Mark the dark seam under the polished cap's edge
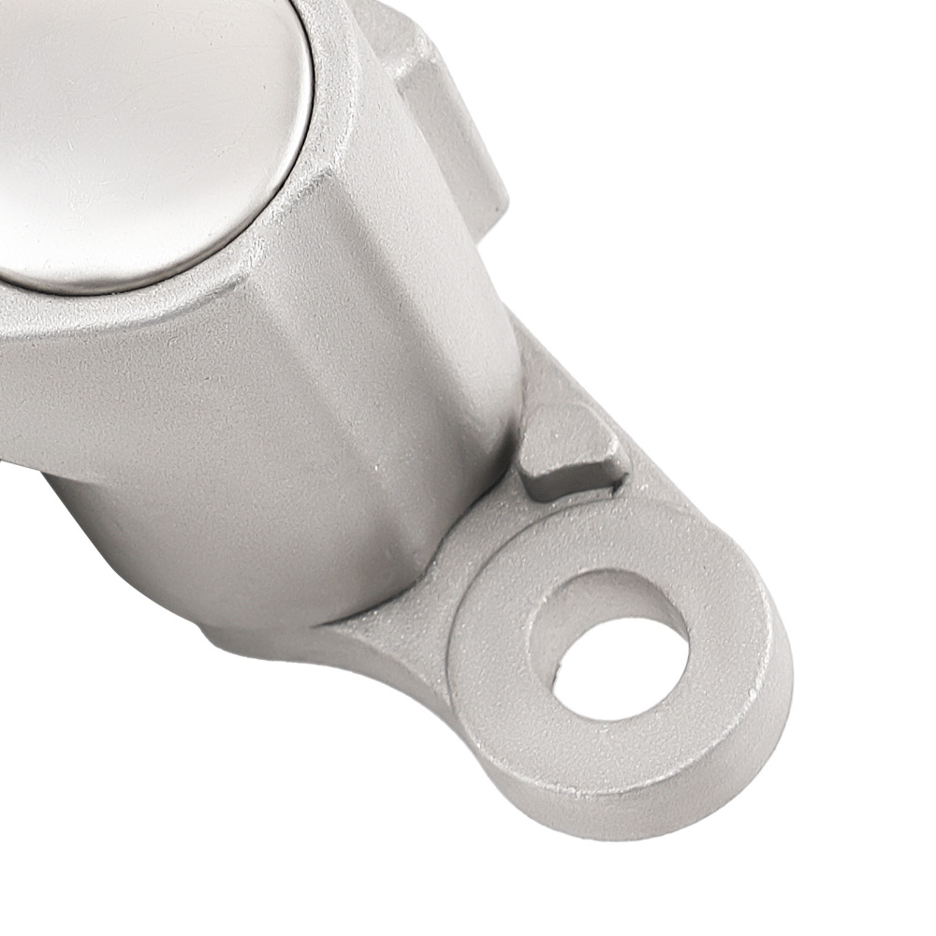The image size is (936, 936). coord(140,281)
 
